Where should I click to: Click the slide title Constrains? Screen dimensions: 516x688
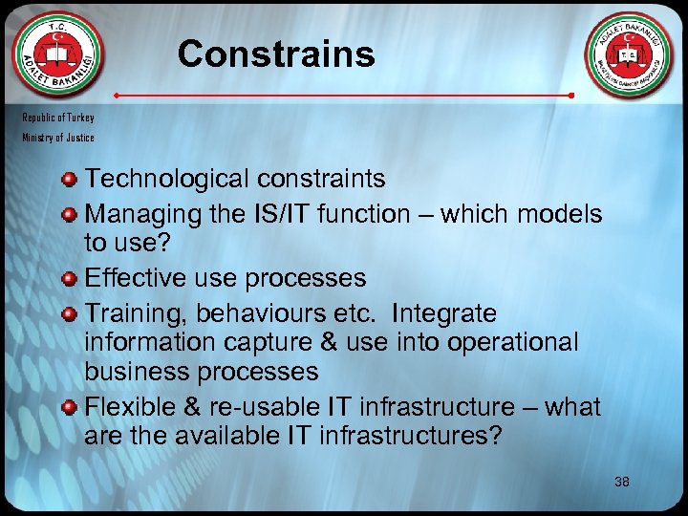pos(276,54)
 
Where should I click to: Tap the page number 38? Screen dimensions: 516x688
pos(621,482)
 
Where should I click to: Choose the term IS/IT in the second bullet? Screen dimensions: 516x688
pos(280,213)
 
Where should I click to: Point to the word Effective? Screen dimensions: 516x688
pos(129,278)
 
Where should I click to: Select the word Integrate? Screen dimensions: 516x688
pos(444,313)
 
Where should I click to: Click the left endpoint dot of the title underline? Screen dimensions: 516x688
pos(117,97)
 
